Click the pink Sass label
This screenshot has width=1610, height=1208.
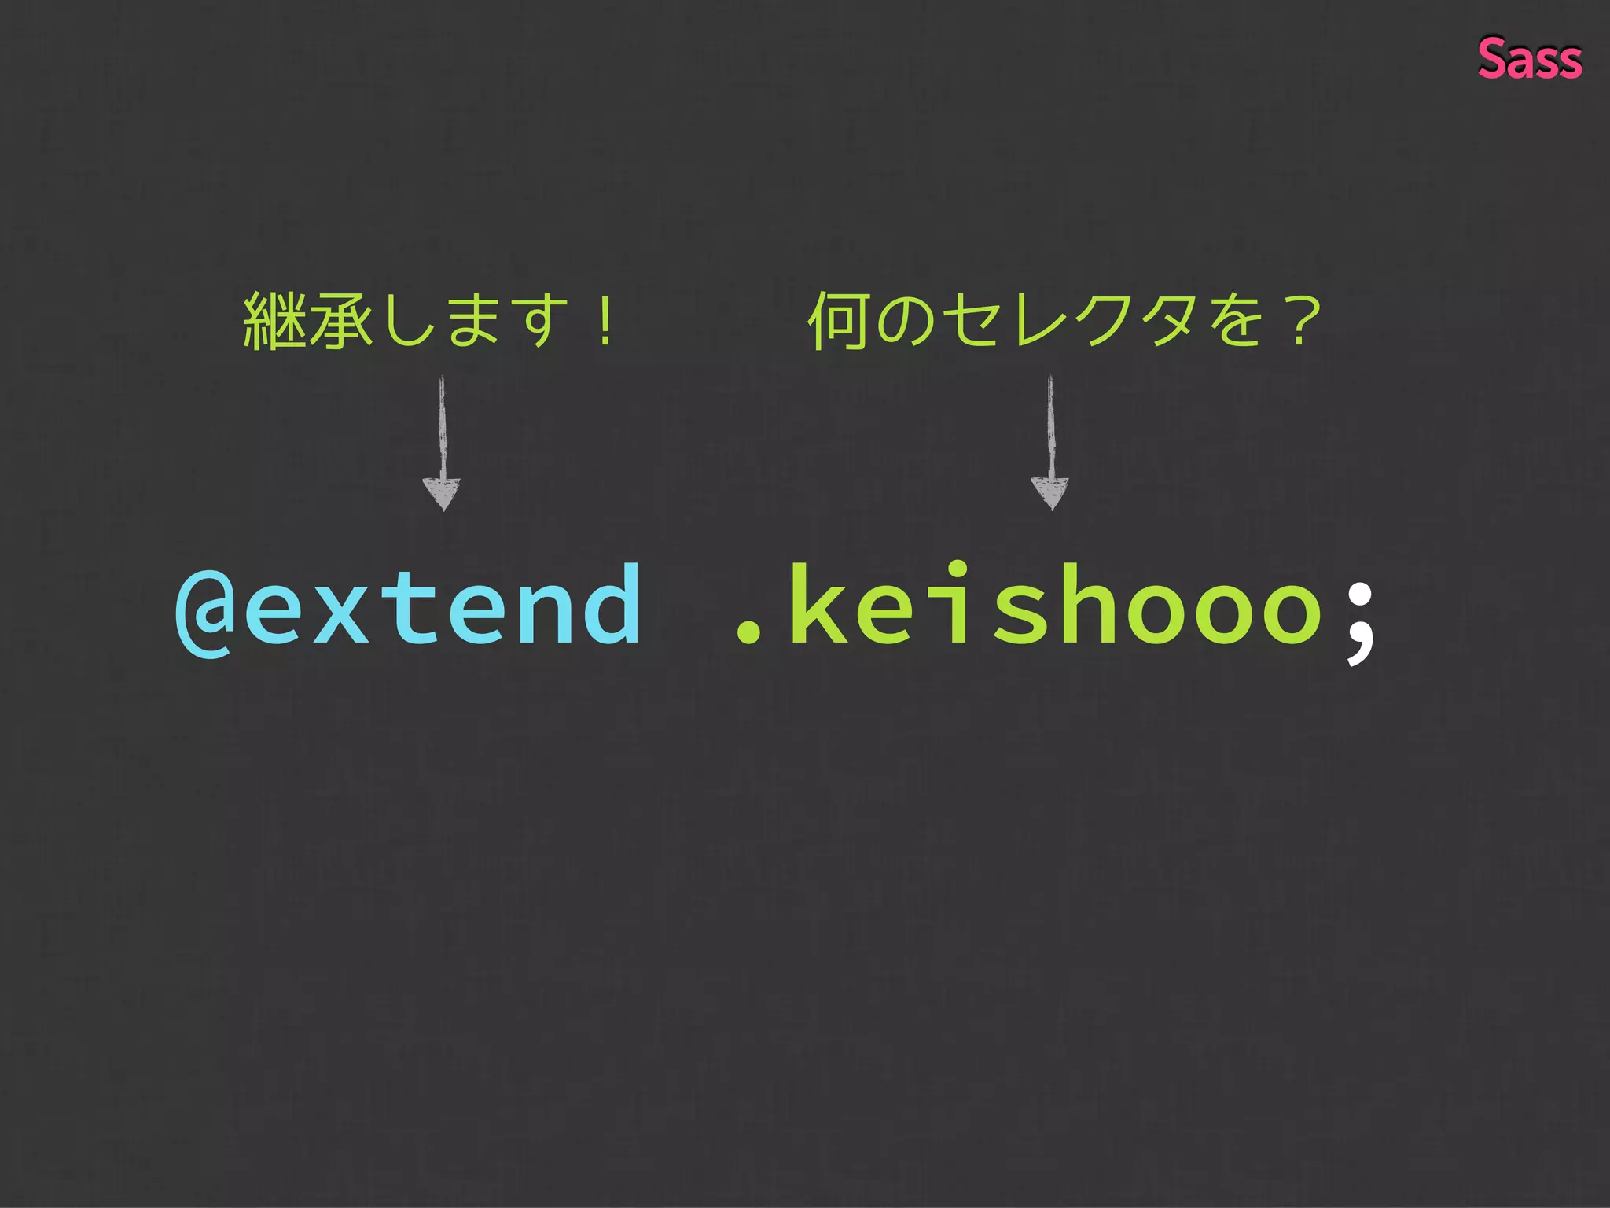pos(1529,59)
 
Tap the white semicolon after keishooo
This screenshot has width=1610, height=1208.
pos(1360,621)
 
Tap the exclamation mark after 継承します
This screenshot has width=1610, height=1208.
pos(605,320)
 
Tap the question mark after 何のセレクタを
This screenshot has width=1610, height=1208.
pos(1301,320)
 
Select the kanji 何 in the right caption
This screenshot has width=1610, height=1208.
pos(840,320)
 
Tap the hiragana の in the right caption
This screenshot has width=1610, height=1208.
pos(905,320)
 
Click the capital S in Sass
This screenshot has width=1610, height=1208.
pos(1494,59)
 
